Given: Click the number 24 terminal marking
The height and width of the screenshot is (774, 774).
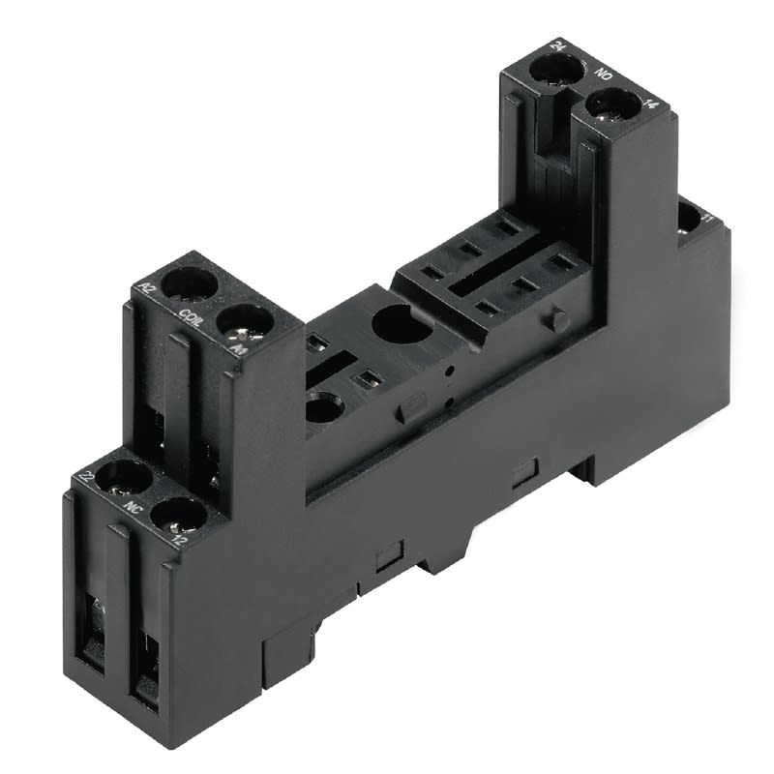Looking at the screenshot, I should pyautogui.click(x=558, y=45).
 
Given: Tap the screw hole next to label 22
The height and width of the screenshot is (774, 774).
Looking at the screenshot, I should pyautogui.click(x=119, y=476).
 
